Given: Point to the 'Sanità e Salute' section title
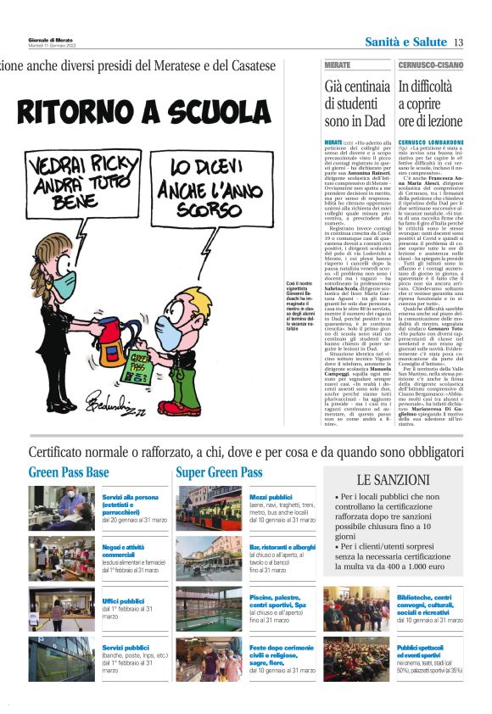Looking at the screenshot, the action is [x=405, y=42].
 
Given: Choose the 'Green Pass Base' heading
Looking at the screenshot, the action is [x=69, y=472].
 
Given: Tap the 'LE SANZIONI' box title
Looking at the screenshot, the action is [x=393, y=479].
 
